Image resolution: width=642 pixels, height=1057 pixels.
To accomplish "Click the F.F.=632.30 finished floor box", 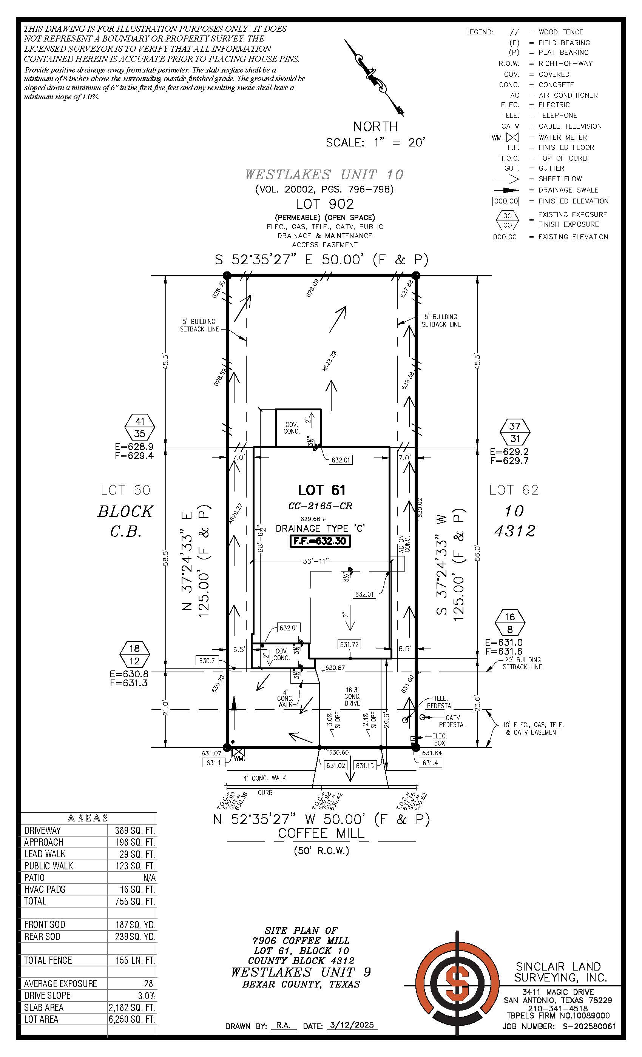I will [x=320, y=541].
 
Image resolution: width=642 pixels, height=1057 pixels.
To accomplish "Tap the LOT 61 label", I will [x=321, y=490].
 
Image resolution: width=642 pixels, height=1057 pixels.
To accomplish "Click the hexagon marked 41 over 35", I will [x=139, y=427].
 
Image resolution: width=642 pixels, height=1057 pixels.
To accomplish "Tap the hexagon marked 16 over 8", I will [x=509, y=622].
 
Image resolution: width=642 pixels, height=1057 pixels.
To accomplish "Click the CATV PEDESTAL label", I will [x=452, y=721].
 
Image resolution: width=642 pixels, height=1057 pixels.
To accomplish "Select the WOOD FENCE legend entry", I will [x=560, y=32].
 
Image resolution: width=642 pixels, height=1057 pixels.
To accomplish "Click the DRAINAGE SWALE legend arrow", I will [x=506, y=190].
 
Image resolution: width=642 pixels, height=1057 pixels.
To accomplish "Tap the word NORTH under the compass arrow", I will [x=375, y=126].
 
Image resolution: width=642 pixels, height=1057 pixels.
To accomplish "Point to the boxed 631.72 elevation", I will [x=349, y=644].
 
